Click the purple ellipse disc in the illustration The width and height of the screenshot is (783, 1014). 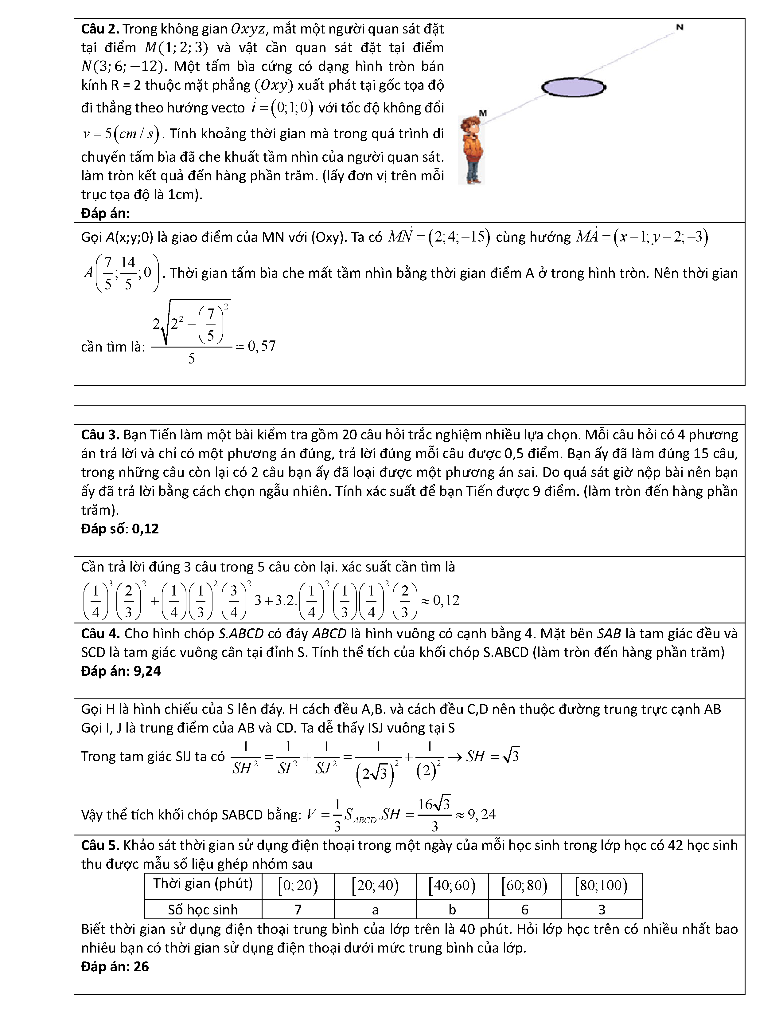coord(574,87)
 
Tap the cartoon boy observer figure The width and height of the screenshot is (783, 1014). coord(471,150)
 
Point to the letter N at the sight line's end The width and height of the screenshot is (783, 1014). coord(680,27)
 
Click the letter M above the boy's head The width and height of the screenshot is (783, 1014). coord(483,113)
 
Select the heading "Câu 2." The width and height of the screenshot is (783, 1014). coord(100,29)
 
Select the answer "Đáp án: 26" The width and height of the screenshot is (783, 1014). coord(115,966)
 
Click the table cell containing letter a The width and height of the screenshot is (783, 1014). coord(375,909)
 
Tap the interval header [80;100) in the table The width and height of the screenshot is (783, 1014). coord(601,885)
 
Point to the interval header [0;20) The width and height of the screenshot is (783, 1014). coord(298,885)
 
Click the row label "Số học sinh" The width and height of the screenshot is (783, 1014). coord(203,909)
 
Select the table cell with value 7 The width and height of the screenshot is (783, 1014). coord(298,909)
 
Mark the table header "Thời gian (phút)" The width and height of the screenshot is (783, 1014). coord(203,883)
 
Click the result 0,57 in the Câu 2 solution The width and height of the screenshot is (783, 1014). coord(262,346)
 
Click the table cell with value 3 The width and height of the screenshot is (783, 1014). coord(602,909)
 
